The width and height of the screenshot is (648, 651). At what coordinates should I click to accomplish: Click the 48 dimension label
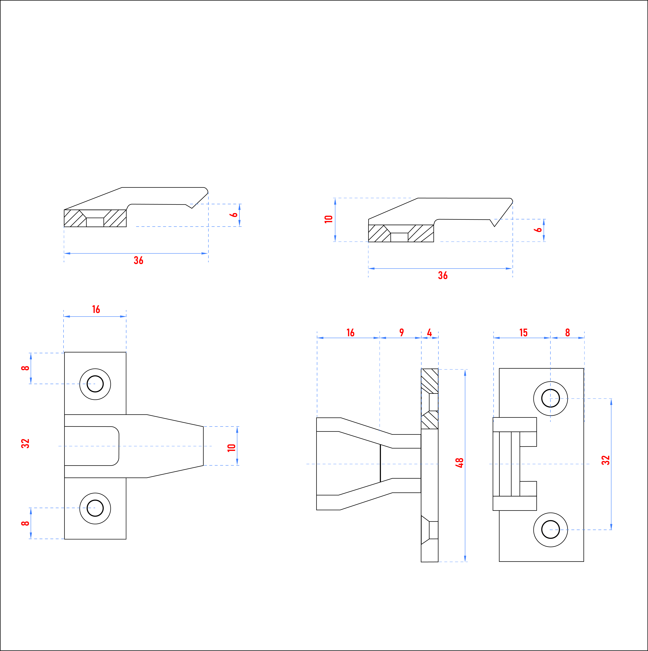pos(459,463)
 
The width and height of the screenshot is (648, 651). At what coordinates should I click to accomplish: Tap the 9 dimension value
pos(401,333)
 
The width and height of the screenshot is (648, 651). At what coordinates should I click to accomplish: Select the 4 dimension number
pos(429,333)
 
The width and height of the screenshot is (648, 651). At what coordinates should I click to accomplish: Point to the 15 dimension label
pos(523,333)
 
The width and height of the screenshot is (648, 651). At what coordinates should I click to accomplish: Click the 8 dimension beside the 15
pos(567,333)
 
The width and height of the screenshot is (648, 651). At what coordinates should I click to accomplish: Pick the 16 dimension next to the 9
pos(351,333)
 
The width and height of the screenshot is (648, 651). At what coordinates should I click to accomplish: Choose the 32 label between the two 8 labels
pos(25,443)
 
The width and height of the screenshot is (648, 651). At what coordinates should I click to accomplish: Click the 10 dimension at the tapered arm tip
pos(231,448)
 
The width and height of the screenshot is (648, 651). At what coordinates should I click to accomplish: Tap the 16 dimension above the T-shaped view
pos(96,309)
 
